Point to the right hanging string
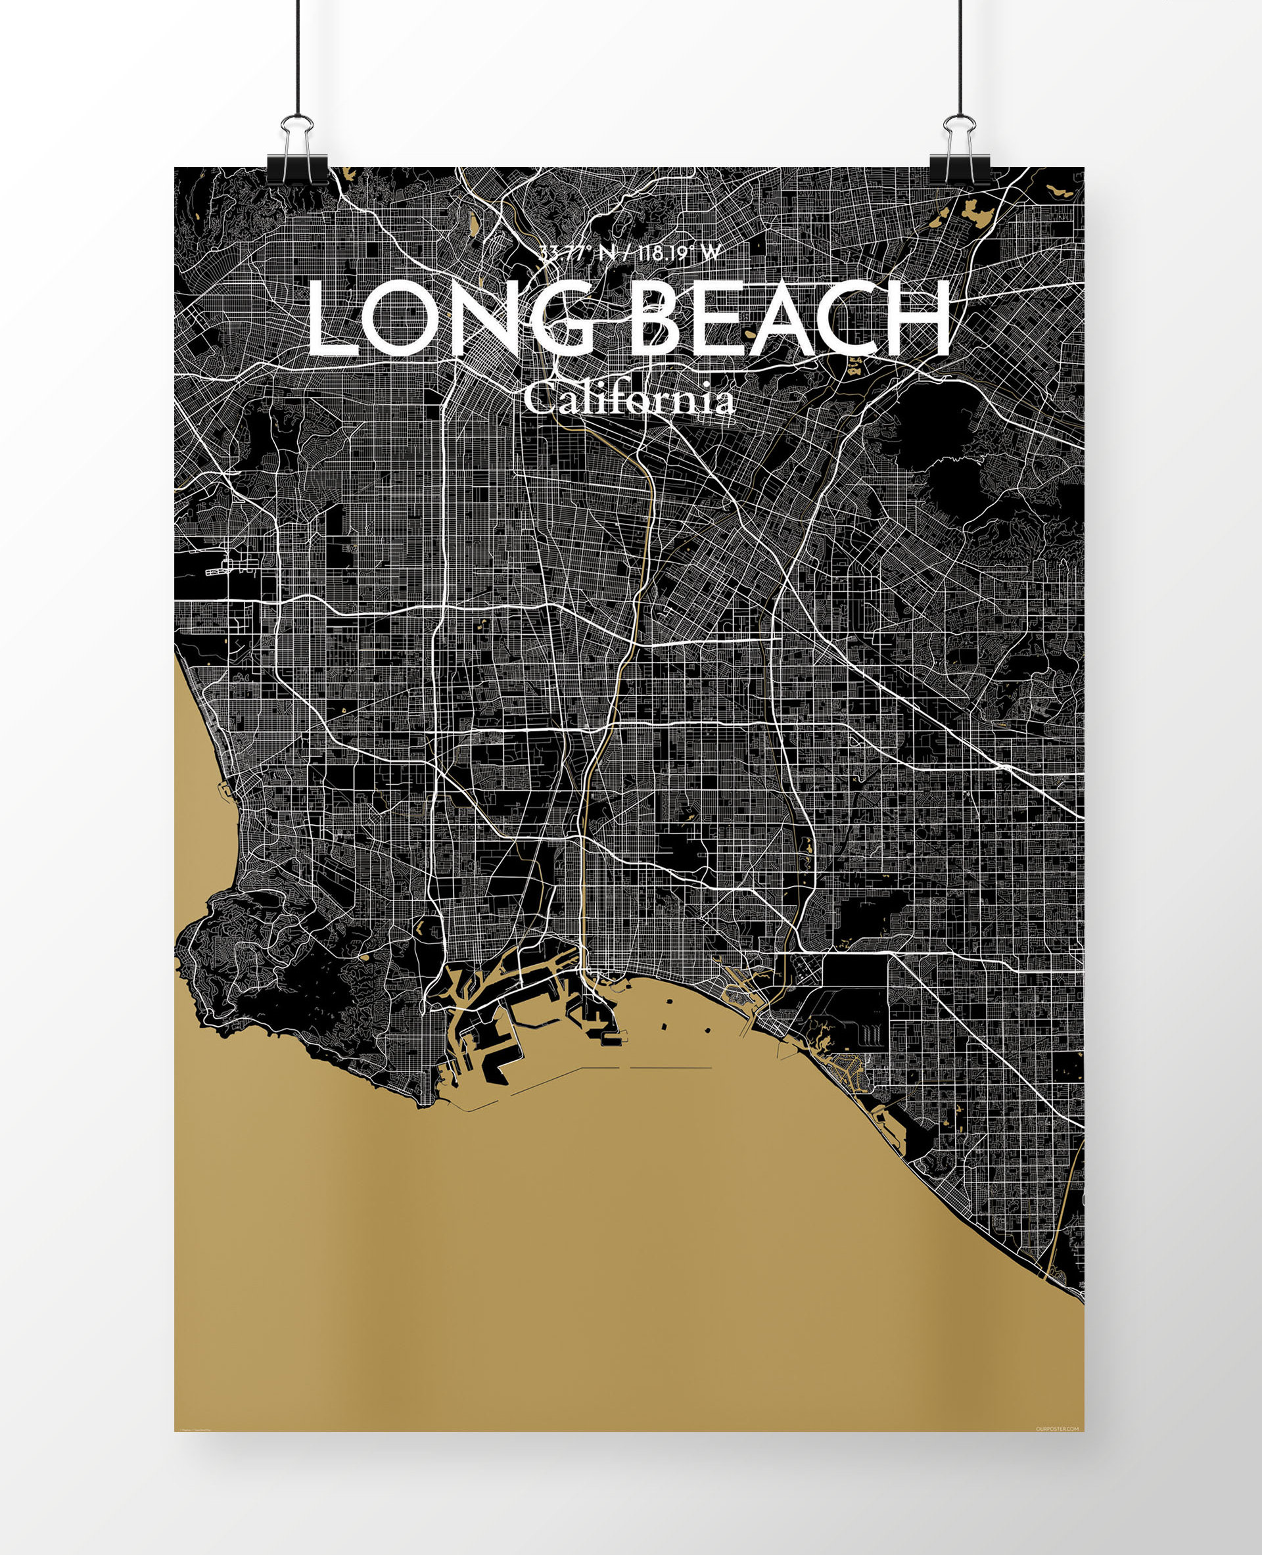pyautogui.click(x=960, y=58)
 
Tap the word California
pyautogui.click(x=629, y=400)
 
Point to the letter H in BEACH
pyautogui.click(x=918, y=320)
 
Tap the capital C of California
pyautogui.click(x=540, y=399)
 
